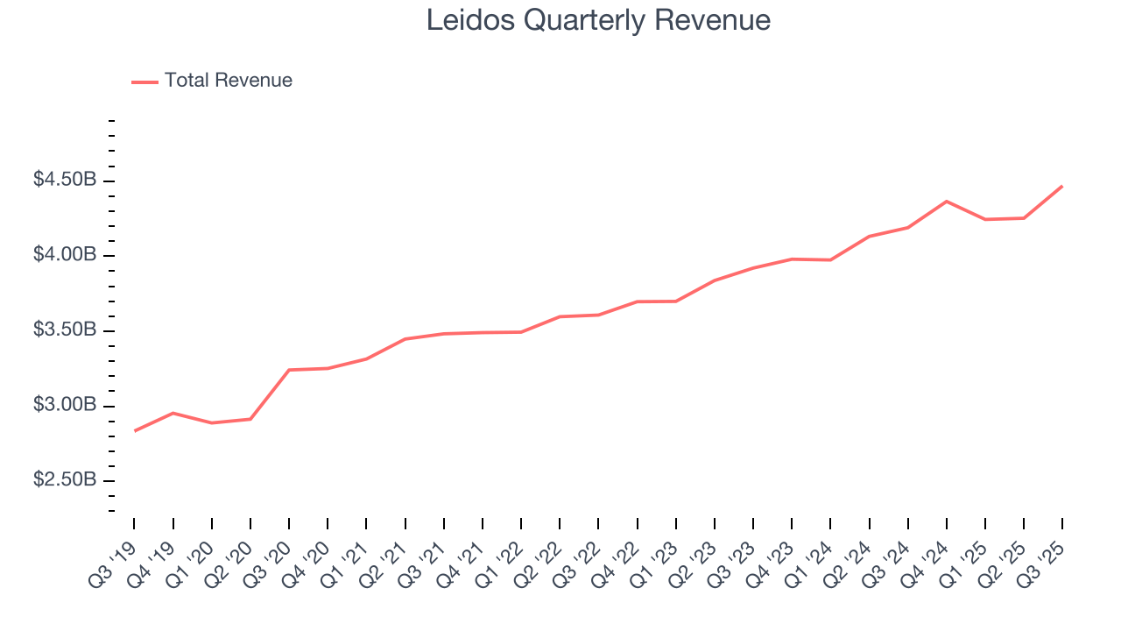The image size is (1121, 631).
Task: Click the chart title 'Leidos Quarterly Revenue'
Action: coord(598,20)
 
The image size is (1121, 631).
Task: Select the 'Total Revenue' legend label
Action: coord(228,81)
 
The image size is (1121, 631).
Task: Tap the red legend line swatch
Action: coord(145,82)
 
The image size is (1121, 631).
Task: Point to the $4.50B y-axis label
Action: coord(65,180)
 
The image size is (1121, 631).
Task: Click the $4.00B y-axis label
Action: coord(65,255)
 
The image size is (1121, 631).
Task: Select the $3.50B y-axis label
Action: coord(65,330)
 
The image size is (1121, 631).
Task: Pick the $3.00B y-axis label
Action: coord(65,406)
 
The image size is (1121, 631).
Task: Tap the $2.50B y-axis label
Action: coord(65,481)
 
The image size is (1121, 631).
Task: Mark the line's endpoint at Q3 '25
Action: coord(1062,186)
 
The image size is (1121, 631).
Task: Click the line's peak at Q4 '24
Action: coord(947,201)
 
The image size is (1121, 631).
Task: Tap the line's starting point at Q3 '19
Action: coord(135,431)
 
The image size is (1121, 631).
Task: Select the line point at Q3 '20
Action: coord(289,370)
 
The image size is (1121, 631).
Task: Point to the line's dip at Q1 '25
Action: coord(985,219)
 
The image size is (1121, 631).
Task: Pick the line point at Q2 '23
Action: coord(715,280)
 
